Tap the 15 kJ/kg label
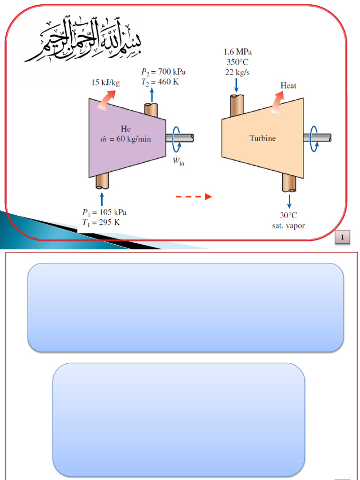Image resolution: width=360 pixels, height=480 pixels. coord(105,83)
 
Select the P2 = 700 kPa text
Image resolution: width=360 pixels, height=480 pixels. coord(163,72)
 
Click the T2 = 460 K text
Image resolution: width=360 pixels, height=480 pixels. coord(160,82)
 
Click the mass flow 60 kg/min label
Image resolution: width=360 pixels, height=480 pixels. coord(127,139)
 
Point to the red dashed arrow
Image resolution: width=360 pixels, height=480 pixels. coord(194,197)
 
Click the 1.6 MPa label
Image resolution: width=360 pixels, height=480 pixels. coord(237,52)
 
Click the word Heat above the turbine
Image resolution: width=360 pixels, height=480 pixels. coord(288,86)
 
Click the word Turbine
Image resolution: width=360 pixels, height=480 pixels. coord(262,138)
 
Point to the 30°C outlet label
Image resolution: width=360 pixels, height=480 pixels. coord(289,215)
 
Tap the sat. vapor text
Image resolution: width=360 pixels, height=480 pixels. coord(289,225)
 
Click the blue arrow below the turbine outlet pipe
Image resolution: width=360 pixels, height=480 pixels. coord(289,201)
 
